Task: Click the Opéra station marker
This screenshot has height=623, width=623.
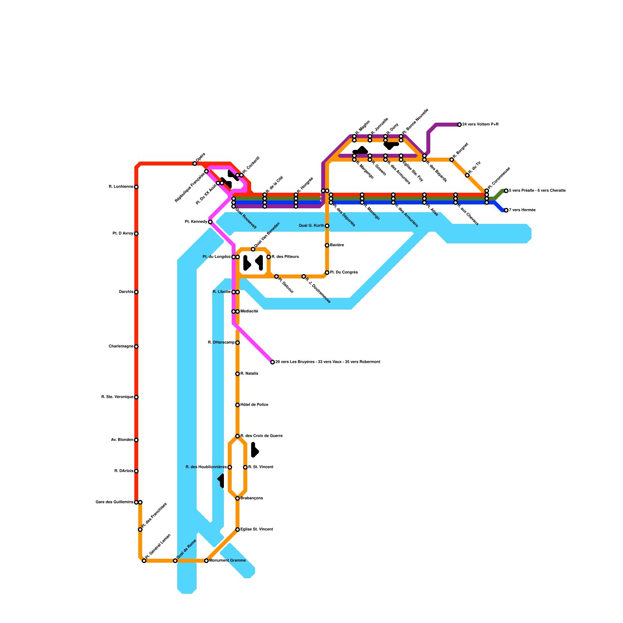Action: coord(195,164)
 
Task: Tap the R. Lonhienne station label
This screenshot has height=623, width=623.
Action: coord(121,187)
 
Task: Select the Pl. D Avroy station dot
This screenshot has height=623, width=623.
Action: coord(136,234)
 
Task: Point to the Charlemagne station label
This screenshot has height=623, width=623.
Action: coord(121,347)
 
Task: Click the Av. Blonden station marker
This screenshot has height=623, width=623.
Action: coord(136,440)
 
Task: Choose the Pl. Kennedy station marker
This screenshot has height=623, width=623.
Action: coord(210,222)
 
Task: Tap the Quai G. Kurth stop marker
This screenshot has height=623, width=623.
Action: coord(327,226)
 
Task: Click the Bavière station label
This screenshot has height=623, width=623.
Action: coord(337,245)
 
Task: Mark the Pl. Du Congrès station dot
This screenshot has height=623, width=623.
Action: coord(327,273)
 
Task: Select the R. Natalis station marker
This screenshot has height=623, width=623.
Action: coord(238,374)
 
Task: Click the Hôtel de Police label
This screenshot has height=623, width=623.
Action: coord(254,405)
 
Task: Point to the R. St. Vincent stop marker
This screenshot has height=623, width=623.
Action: coord(245,467)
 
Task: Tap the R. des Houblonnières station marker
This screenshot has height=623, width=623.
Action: coord(230,467)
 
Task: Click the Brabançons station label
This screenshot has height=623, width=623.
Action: coord(252,498)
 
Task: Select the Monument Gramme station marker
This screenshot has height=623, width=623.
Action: coord(206,561)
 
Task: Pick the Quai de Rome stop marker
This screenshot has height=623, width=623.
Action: coord(175,561)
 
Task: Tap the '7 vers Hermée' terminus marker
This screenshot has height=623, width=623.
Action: coord(506,210)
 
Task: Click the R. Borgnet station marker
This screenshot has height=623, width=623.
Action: coord(452,160)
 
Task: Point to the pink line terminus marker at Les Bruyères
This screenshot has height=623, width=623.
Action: coord(273,362)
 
